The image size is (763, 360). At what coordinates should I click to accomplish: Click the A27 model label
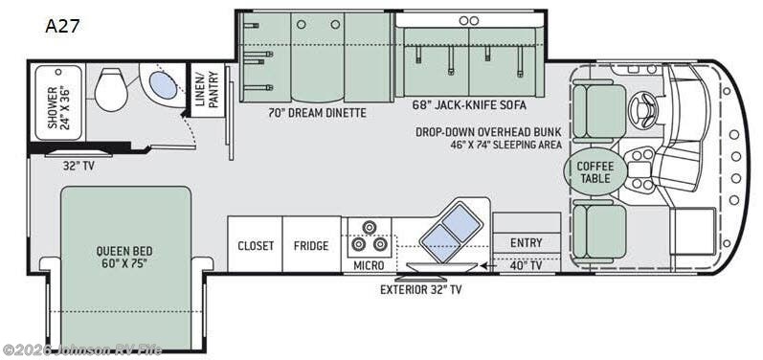click(62, 26)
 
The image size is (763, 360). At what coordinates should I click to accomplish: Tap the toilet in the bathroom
click(111, 90)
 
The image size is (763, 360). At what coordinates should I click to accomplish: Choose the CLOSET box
click(257, 245)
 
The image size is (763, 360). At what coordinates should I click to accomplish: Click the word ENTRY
click(527, 242)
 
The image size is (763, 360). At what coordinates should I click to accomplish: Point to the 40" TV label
click(526, 264)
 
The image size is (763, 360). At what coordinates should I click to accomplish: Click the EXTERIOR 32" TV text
click(421, 288)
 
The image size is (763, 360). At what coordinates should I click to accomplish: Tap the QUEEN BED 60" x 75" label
click(123, 258)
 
